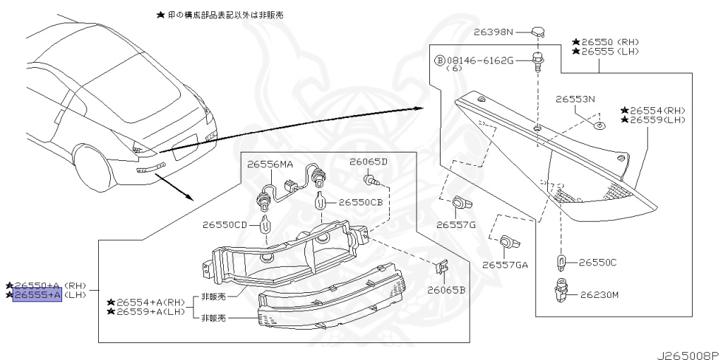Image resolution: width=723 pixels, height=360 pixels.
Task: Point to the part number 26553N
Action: point(575,99)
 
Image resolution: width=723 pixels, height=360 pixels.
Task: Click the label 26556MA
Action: point(270,164)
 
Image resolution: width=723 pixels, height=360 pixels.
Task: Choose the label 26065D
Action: point(369,162)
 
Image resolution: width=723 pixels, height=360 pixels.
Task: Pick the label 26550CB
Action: point(361,202)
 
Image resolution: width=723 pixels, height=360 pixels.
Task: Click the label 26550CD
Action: point(225,226)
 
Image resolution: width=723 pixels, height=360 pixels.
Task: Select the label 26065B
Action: point(446,289)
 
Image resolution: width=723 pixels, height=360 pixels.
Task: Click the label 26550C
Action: point(598,263)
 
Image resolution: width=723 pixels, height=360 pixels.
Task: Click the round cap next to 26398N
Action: point(539,31)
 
